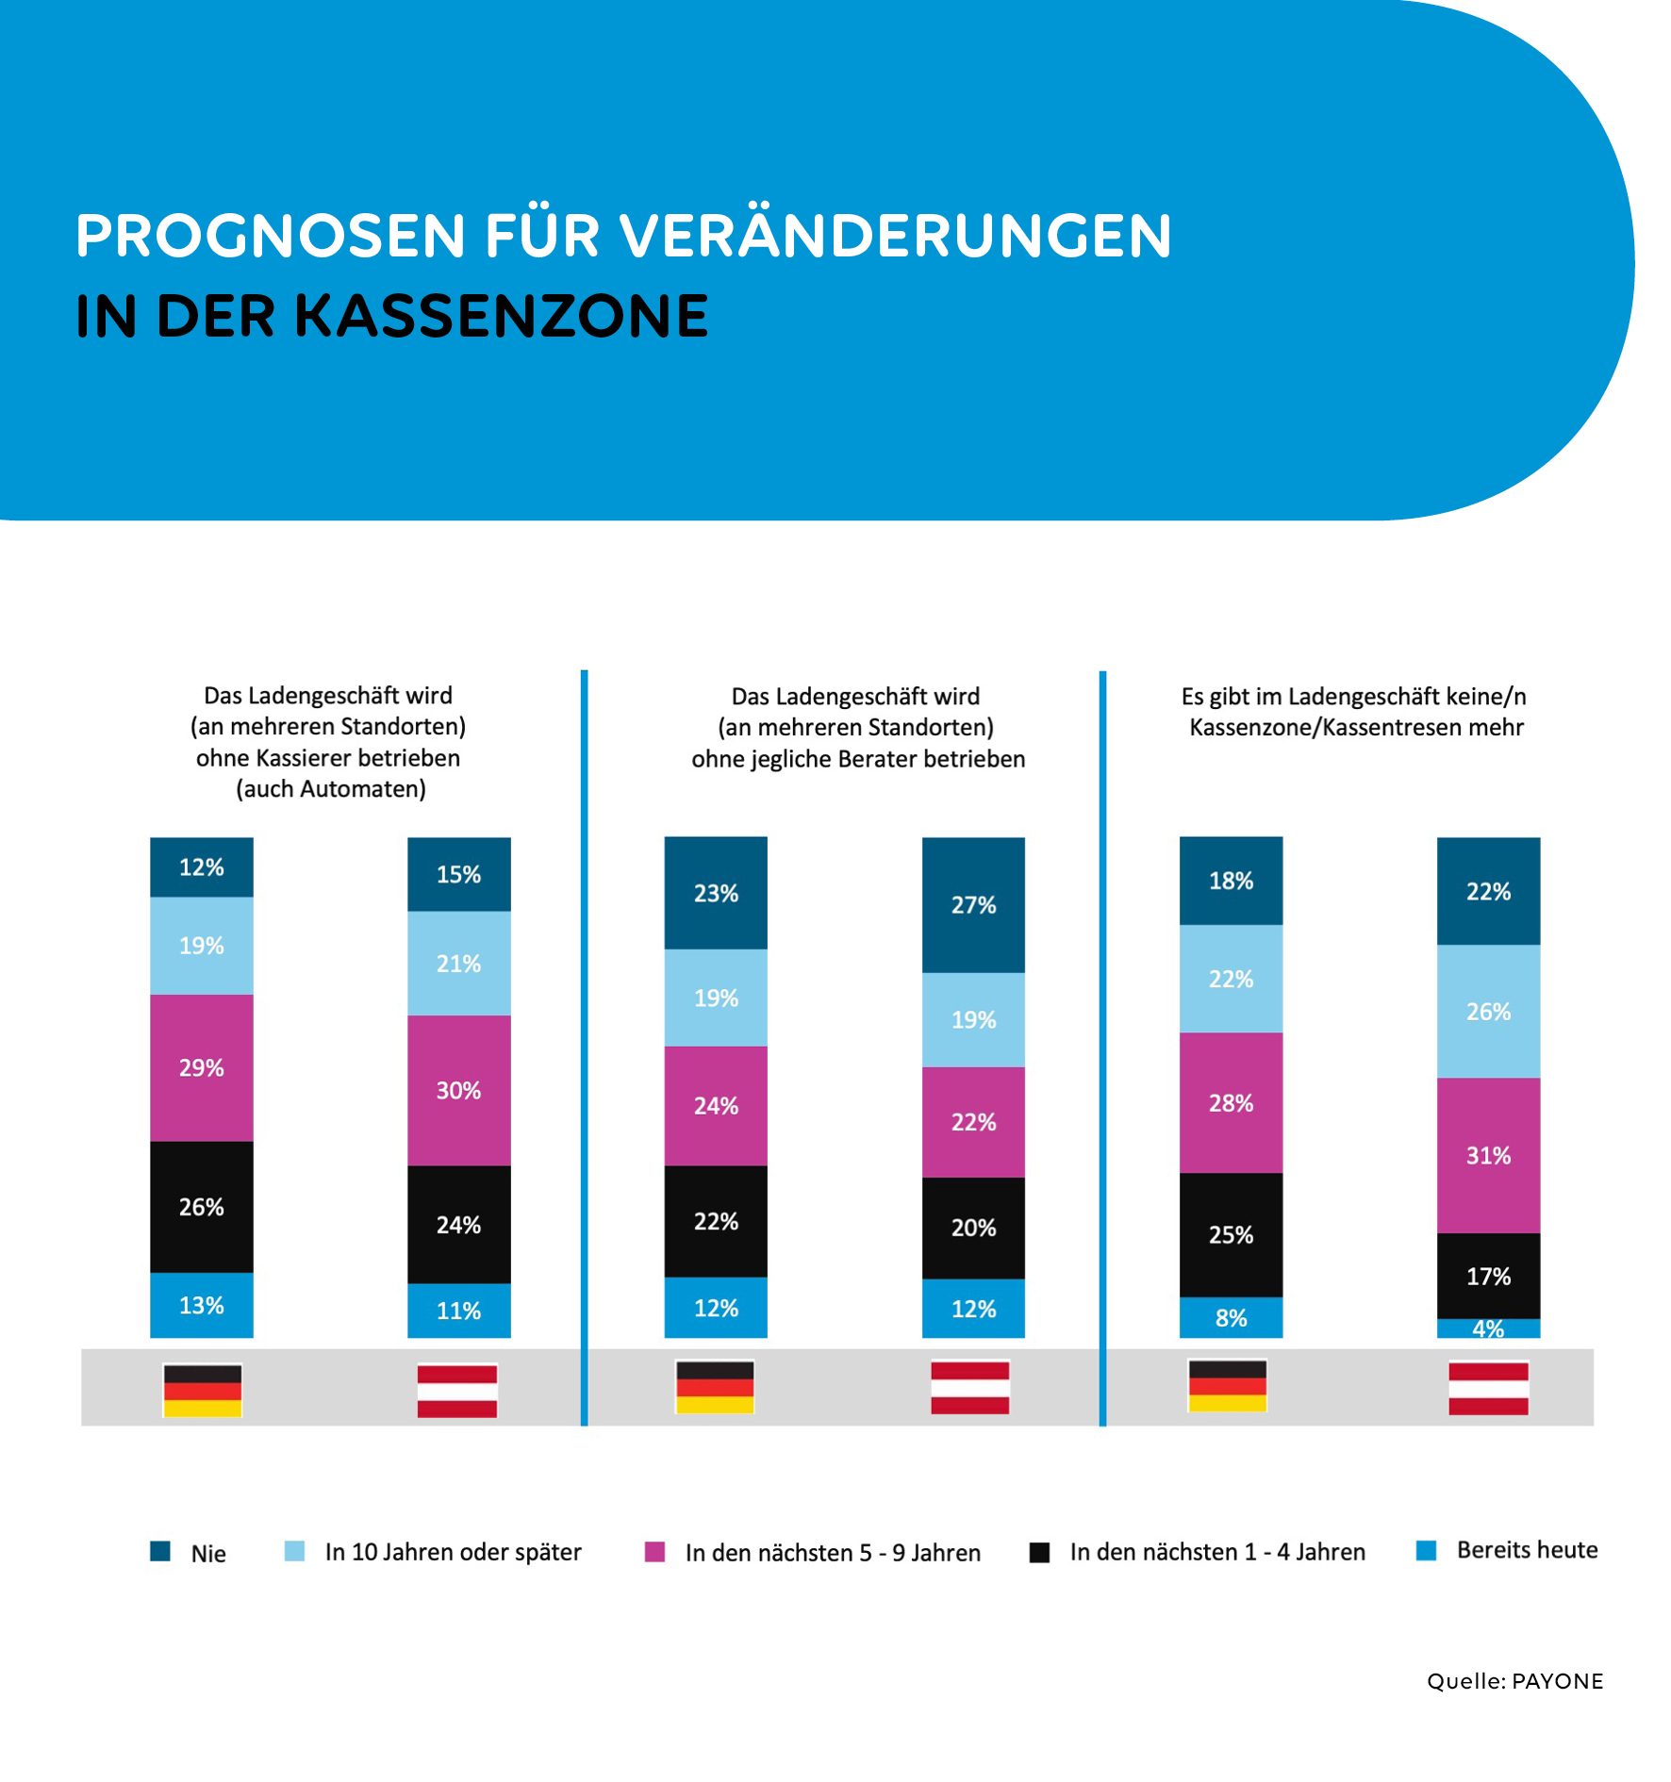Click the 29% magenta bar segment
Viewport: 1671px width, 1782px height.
[201, 1067]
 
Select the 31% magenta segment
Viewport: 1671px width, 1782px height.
[1487, 1155]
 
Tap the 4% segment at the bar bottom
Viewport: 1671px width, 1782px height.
[1487, 1328]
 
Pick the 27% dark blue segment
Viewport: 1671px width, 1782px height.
[972, 904]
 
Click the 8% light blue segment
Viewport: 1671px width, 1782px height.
[1230, 1317]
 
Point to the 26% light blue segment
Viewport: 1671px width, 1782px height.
[1487, 1011]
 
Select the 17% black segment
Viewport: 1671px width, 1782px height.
[1487, 1276]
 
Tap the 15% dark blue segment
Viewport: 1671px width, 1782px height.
[458, 874]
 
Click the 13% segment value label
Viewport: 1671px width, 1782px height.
[201, 1306]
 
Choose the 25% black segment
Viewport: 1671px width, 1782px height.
[1230, 1234]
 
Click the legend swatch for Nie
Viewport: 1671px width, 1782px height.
[160, 1552]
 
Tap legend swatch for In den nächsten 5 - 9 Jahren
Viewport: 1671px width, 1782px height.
[654, 1552]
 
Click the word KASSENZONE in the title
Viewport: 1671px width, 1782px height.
[501, 316]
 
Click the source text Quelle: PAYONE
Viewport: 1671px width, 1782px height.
[1514, 1681]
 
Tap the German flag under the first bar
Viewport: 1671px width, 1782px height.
[202, 1390]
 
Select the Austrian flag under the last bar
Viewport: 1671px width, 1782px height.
[1487, 1388]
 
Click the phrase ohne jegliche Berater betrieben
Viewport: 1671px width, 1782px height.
[857, 759]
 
